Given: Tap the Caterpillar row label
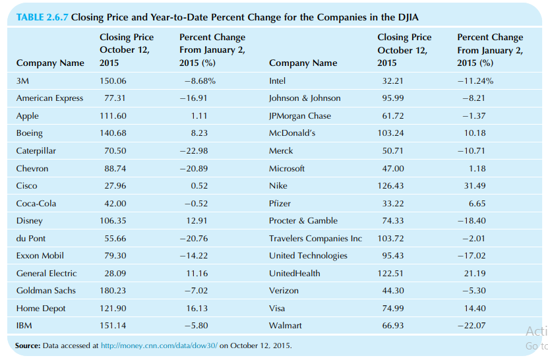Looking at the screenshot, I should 36,151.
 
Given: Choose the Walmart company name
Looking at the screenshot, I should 285,326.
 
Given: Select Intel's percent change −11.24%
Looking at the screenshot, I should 475,81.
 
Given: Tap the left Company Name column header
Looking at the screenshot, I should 50,63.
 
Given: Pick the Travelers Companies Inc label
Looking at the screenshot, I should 315,238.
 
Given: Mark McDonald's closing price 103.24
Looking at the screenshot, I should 392,133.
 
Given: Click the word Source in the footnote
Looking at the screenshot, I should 28,345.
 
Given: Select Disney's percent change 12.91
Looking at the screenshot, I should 197,221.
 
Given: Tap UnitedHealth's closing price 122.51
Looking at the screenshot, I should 392,274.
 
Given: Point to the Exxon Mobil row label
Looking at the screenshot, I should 40,256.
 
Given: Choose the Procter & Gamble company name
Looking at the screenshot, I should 303,221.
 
